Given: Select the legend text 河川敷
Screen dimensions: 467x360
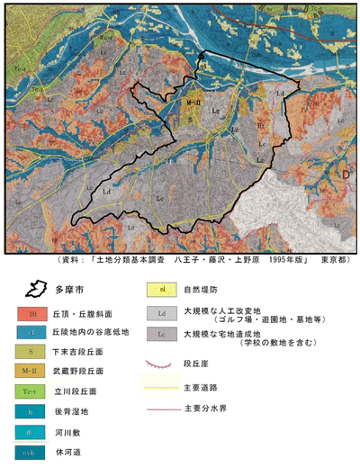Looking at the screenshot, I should [x=82, y=436].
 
